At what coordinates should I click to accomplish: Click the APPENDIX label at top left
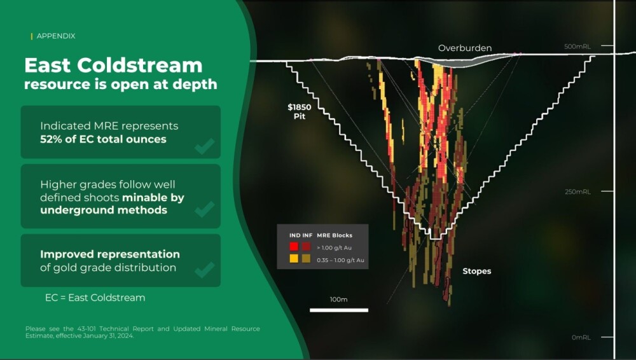56,36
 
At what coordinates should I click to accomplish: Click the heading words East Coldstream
113,66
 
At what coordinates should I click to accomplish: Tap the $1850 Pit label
300,111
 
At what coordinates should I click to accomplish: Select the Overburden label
465,48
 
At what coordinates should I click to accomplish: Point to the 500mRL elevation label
577,46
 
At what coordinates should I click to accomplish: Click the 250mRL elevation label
577,191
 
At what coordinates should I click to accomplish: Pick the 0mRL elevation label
581,337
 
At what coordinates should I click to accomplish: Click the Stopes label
476,271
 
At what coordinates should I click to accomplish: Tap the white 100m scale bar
339,310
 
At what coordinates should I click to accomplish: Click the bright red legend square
294,246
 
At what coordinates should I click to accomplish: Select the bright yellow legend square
294,258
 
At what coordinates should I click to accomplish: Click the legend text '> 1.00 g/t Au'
335,247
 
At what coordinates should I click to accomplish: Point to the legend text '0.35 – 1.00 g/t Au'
340,260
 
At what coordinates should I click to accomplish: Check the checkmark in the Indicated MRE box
205,146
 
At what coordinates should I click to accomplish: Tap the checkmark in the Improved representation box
205,270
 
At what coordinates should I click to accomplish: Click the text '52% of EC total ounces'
103,139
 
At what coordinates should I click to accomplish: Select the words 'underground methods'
104,211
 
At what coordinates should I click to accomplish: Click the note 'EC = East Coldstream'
95,298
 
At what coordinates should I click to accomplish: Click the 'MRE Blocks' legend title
335,235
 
